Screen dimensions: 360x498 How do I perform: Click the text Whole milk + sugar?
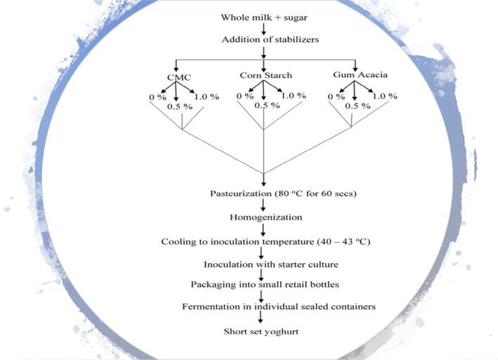pyautogui.click(x=263, y=15)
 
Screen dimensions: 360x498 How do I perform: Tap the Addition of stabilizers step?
pyautogui.click(x=263, y=39)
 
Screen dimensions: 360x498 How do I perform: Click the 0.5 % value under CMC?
pyautogui.click(x=180, y=107)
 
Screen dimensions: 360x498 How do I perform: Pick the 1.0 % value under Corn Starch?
pyautogui.click(x=291, y=95)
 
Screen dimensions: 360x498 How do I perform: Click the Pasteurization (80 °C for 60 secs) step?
pyautogui.click(x=263, y=192)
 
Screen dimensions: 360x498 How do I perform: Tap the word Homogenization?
pyautogui.click(x=263, y=217)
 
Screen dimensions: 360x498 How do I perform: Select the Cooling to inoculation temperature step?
pyautogui.click(x=263, y=241)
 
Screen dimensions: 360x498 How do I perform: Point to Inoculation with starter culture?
pyautogui.click(x=263, y=265)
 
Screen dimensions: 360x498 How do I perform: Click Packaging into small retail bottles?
pyautogui.click(x=263, y=285)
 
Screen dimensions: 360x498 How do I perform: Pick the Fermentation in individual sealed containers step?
pyautogui.click(x=263, y=307)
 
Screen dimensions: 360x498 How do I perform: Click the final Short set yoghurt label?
pyautogui.click(x=263, y=331)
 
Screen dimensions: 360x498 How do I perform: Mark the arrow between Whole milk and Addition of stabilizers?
pyautogui.click(x=263, y=27)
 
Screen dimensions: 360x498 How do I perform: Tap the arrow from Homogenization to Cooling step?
pyautogui.click(x=263, y=229)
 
